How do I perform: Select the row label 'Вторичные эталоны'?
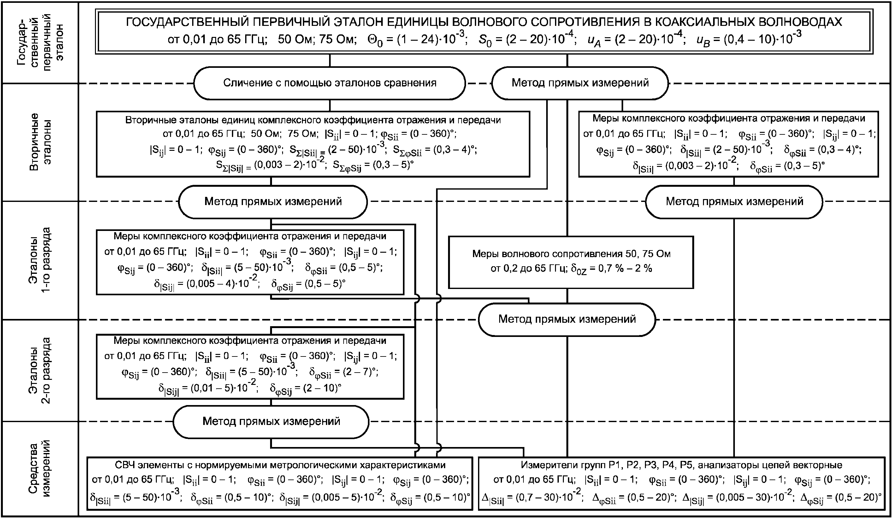(x=40, y=142)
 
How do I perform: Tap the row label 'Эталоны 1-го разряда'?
(x=40, y=260)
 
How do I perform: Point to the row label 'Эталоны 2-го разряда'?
(x=40, y=370)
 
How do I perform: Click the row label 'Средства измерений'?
(x=40, y=468)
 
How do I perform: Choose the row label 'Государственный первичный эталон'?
(x=40, y=43)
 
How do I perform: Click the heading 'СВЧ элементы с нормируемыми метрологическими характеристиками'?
(x=280, y=465)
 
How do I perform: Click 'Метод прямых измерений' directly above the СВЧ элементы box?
(x=271, y=421)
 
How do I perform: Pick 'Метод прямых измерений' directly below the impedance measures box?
(x=567, y=319)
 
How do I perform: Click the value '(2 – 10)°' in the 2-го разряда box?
(x=318, y=388)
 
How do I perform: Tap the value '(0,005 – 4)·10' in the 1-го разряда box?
(x=220, y=284)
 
